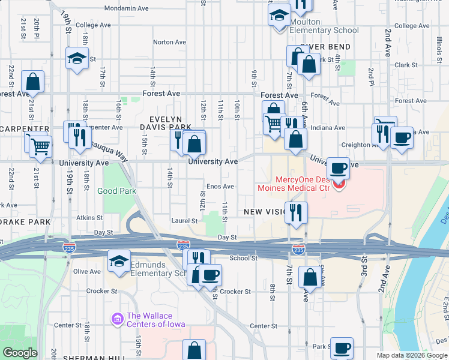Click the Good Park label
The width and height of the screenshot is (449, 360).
pos(117,191)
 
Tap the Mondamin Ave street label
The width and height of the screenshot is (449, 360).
pos(126,9)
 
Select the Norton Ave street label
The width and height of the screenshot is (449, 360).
pos(169,43)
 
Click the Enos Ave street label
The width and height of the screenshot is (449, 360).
pos(220,187)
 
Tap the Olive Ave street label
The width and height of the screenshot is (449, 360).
pos(87,272)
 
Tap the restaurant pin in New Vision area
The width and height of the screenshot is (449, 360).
pos(297,212)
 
